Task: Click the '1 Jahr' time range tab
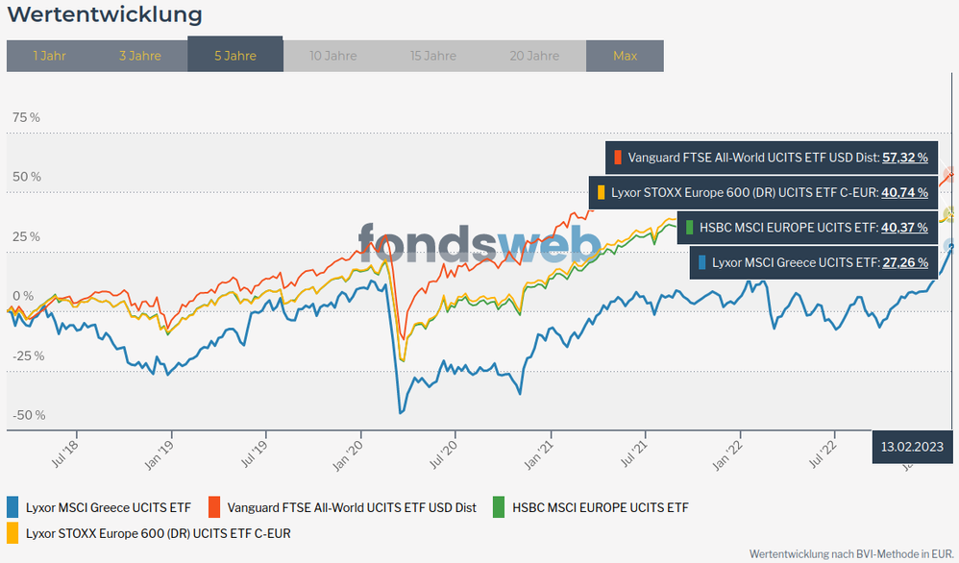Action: pyautogui.click(x=49, y=56)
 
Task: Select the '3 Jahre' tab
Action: pyautogui.click(x=140, y=56)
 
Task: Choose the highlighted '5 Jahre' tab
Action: pyautogui.click(x=235, y=56)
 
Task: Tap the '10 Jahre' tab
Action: pyautogui.click(x=333, y=56)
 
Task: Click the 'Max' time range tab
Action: pyautogui.click(x=625, y=56)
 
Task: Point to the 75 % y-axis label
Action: pyautogui.click(x=26, y=117)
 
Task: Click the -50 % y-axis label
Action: pyautogui.click(x=28, y=415)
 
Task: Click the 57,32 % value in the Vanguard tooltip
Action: pyautogui.click(x=905, y=157)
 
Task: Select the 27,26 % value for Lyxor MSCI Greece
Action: pyautogui.click(x=905, y=262)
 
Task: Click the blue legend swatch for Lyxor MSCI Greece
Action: pyautogui.click(x=13, y=507)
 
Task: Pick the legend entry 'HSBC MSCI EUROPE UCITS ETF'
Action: pyautogui.click(x=601, y=507)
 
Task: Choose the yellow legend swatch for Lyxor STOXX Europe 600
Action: pyautogui.click(x=13, y=532)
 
